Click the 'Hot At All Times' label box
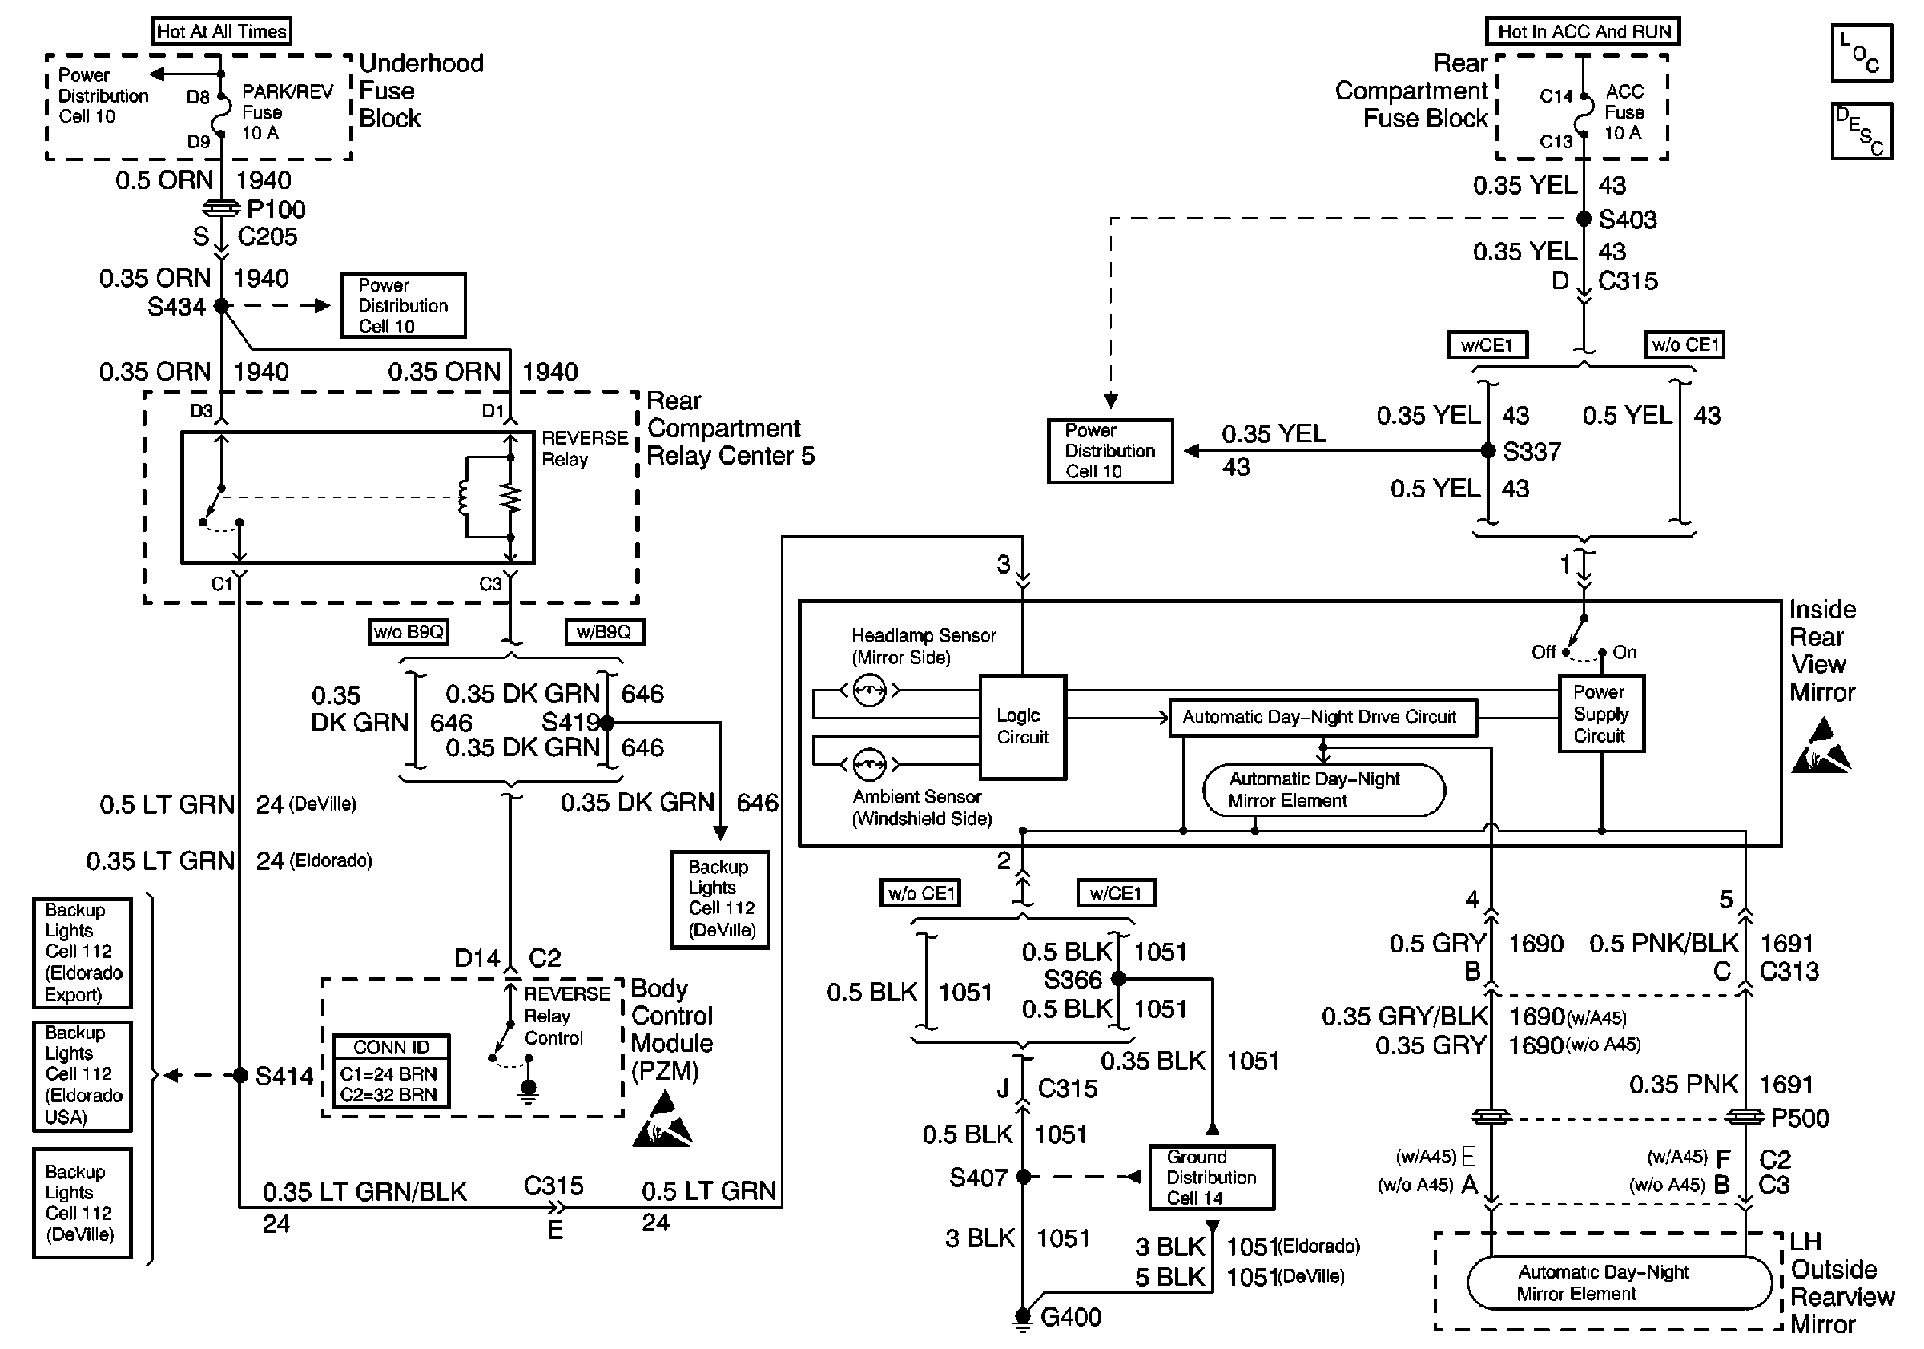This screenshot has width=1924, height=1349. (x=221, y=32)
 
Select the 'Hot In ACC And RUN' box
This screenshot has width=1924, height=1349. (x=1583, y=32)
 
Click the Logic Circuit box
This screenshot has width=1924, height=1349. (x=1022, y=727)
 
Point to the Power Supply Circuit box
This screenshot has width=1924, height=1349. (x=1600, y=714)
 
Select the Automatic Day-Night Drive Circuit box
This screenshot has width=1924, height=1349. (x=1322, y=717)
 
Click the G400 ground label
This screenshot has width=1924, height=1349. (x=1070, y=1317)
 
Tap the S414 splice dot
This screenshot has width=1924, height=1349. (x=239, y=1075)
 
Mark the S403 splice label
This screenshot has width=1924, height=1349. (x=1628, y=219)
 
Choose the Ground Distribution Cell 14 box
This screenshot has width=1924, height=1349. (x=1211, y=1178)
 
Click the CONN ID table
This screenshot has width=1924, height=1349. (x=391, y=1071)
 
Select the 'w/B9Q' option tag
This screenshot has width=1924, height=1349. (x=603, y=632)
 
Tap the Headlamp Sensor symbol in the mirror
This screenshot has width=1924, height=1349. (x=869, y=691)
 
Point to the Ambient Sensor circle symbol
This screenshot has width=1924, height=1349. (x=869, y=764)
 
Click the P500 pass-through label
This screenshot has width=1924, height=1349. (x=1799, y=1118)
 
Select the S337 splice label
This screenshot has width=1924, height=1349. (x=1531, y=452)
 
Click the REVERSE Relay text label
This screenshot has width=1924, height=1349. (x=584, y=449)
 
